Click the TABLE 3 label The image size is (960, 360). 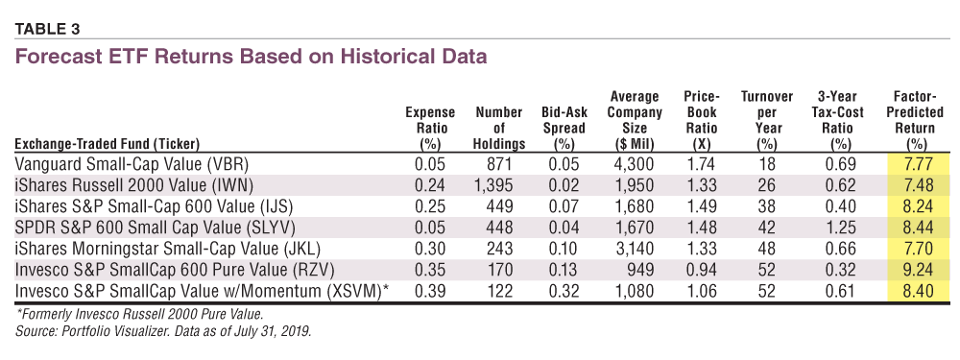point(47,29)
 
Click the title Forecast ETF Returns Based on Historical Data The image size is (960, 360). point(251,57)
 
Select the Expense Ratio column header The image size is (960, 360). point(430,128)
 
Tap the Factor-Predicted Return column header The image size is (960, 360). point(910,120)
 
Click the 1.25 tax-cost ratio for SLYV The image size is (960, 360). point(839,228)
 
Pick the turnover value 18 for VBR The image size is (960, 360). point(767,164)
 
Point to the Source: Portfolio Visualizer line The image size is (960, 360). point(163,332)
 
